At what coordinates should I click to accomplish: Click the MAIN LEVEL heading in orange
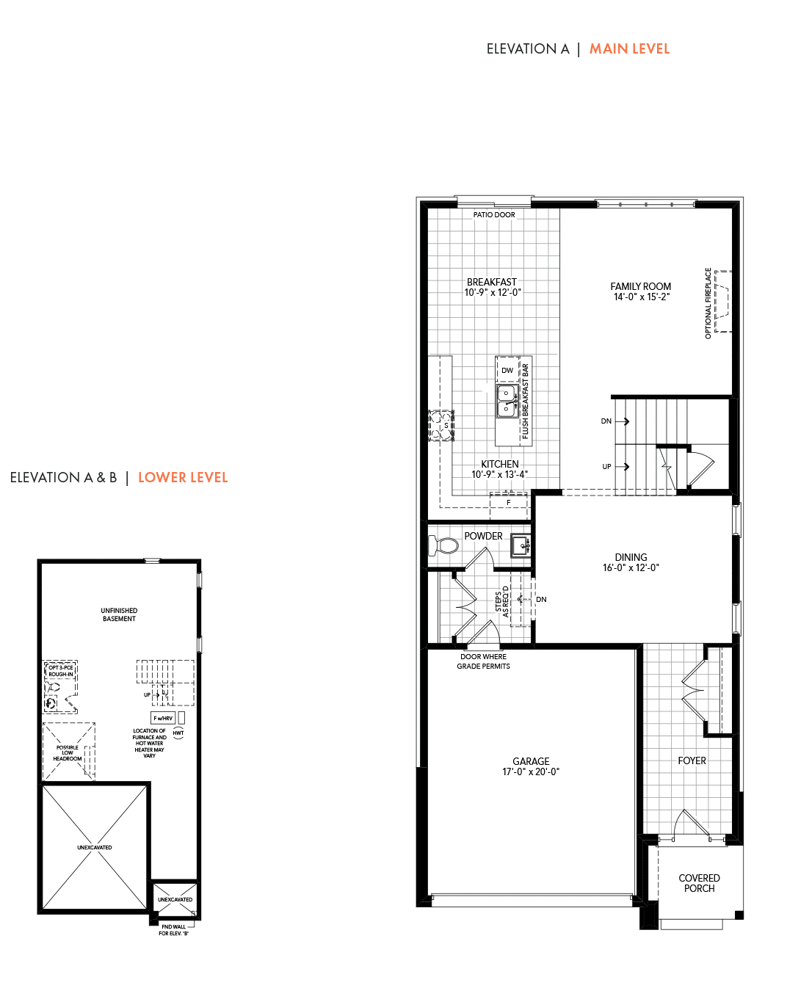(629, 49)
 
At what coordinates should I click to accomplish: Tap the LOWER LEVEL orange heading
(183, 477)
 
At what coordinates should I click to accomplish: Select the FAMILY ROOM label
(641, 286)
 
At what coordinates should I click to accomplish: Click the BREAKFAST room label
(492, 282)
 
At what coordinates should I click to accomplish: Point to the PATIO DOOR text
(494, 214)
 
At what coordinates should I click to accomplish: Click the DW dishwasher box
(507, 370)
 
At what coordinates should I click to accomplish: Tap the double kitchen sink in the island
(507, 402)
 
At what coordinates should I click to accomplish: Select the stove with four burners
(441, 425)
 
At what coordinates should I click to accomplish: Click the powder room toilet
(443, 545)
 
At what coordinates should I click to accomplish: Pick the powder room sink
(521, 546)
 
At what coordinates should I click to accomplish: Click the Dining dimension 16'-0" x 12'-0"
(631, 567)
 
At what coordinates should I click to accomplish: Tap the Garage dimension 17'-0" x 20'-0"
(531, 772)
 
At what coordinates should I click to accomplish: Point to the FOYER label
(692, 760)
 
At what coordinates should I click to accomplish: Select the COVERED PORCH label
(700, 883)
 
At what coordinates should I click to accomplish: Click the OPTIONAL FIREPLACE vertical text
(708, 303)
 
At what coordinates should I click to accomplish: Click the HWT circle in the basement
(178, 733)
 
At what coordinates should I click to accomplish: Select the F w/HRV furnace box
(163, 718)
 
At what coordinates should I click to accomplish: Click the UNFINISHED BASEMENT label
(119, 614)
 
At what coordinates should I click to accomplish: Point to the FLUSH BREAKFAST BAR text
(525, 402)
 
